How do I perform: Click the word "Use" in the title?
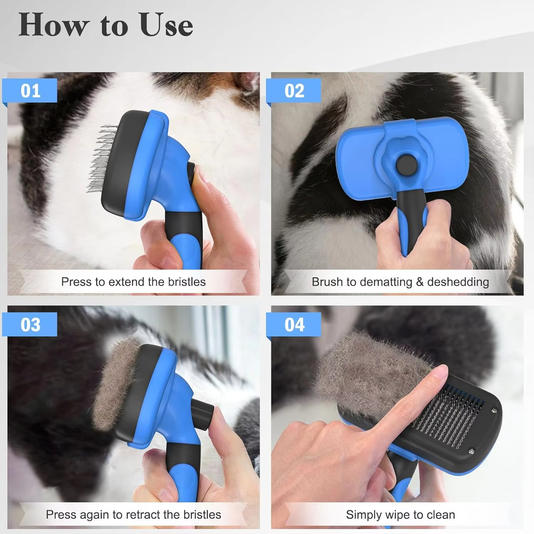coord(166,25)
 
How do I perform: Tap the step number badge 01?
coord(30,91)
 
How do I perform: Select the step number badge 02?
coord(294,91)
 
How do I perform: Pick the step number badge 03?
coord(30,325)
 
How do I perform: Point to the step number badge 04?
coord(294,325)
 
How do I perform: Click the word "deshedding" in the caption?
coord(458,282)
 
